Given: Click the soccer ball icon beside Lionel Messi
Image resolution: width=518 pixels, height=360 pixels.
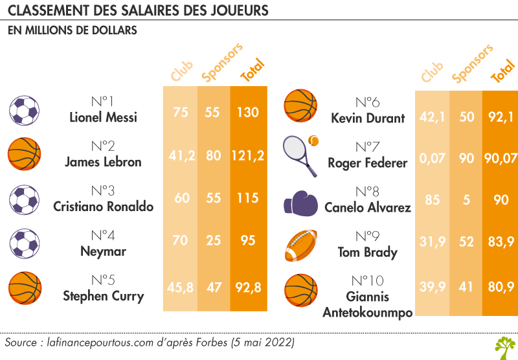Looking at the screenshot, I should coord(24,111).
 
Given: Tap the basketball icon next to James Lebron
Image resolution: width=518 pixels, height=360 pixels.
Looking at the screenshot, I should coord(24,155).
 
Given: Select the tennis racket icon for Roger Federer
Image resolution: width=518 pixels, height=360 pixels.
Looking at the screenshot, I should coord(300,155).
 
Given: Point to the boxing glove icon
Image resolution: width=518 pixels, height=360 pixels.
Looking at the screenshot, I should coord(300,202).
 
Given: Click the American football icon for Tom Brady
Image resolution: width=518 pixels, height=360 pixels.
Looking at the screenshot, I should coord(301,246).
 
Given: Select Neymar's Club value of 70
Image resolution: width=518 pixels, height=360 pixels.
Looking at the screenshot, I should coord(180,241).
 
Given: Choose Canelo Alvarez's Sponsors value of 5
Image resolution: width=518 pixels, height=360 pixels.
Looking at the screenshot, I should coord(466,201).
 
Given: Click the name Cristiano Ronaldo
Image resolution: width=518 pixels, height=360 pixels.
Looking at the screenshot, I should coord(103,207).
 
